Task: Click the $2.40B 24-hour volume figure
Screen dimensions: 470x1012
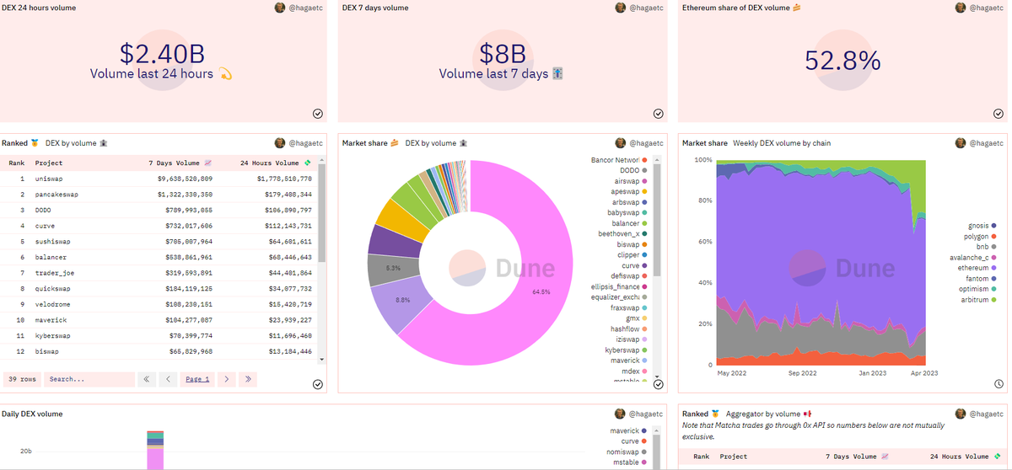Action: [x=162, y=55]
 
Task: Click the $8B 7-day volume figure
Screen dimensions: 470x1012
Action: [x=502, y=55]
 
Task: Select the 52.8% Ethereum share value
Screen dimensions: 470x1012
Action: [x=842, y=61]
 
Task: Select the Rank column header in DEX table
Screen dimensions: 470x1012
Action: [x=17, y=163]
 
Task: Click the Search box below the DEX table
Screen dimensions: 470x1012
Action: [x=89, y=379]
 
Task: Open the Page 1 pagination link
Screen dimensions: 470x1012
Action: [x=197, y=379]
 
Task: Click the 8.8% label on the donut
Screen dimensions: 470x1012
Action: [x=402, y=300]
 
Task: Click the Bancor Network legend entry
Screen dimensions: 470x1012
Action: [x=615, y=160]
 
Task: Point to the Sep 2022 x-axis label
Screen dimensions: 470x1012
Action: [x=802, y=373]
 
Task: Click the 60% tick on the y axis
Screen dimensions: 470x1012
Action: [x=702, y=242]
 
